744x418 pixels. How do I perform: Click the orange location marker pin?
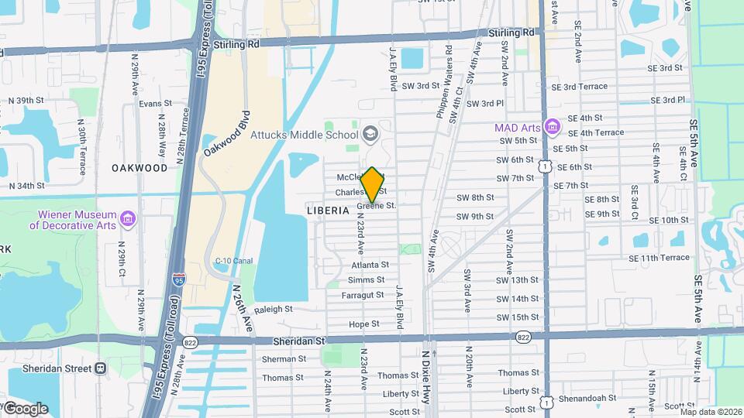(373, 184)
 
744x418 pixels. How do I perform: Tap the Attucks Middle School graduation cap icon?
(370, 134)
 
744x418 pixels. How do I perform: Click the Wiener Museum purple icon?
(129, 220)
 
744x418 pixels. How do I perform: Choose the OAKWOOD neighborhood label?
(139, 168)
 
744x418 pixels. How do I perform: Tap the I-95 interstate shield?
(179, 279)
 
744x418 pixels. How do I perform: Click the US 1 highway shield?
(546, 166)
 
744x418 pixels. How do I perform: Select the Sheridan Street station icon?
(100, 368)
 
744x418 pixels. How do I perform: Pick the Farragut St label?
(363, 295)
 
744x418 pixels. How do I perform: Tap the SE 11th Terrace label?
(659, 258)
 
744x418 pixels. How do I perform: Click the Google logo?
(25, 408)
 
